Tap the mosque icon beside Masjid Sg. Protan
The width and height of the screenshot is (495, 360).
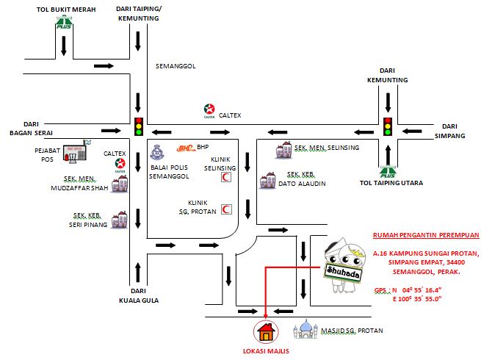pos(306,329)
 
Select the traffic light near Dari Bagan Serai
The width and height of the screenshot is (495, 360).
pos(138,126)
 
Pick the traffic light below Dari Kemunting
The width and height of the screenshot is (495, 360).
pos(389,126)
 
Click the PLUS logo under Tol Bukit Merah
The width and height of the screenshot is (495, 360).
pos(64,25)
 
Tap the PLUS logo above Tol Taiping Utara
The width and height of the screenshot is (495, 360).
pos(389,173)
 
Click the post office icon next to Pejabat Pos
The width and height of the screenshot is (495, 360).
pos(74,153)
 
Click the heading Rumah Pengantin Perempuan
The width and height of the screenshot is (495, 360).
pos(426,235)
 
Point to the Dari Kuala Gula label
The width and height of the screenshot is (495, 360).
pos(138,295)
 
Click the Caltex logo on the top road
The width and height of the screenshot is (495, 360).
pos(209,112)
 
